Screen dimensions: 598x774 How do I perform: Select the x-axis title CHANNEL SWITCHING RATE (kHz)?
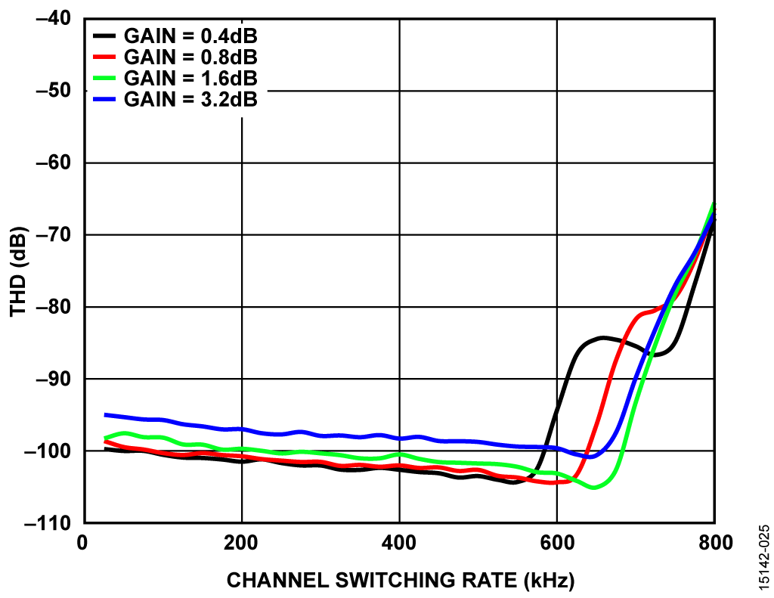click(x=401, y=581)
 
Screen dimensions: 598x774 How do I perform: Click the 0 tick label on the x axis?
click(x=84, y=544)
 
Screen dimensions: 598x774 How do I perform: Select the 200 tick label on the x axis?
click(x=242, y=544)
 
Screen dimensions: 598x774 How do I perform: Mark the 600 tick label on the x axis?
click(x=556, y=544)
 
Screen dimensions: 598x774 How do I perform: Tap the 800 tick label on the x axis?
click(x=714, y=544)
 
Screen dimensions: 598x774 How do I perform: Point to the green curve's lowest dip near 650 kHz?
click(x=594, y=487)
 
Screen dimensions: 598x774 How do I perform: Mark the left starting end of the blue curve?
click(x=106, y=414)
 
